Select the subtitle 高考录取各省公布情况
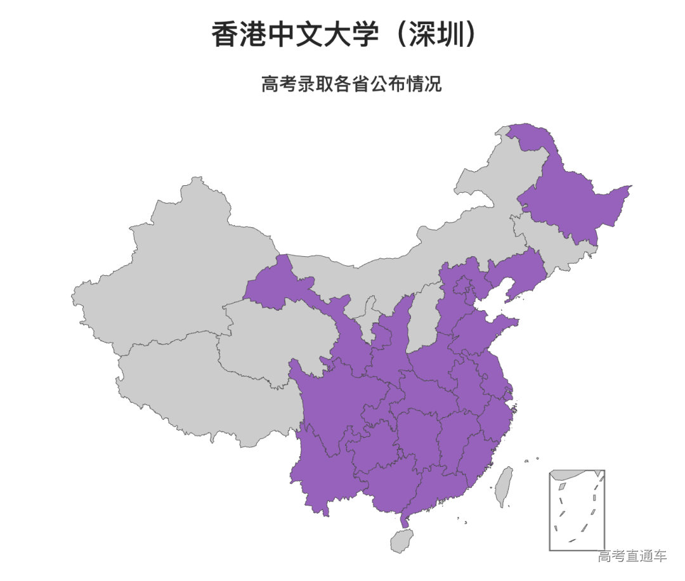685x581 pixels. (351, 84)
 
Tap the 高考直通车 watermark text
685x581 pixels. (632, 556)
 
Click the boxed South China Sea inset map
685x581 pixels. (577, 510)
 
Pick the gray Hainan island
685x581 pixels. (401, 541)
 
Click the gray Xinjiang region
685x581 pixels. (171, 266)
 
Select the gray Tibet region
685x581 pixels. (190, 387)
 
